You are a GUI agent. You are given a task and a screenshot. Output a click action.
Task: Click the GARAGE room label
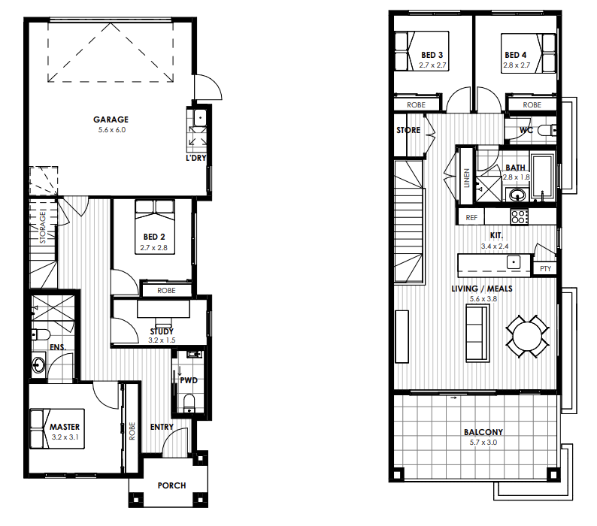coord(111,119)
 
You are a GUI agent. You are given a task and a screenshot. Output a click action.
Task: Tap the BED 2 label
coord(154,237)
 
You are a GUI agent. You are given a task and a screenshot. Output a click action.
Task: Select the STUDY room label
coord(162,331)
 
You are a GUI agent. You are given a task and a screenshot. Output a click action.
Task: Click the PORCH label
coord(171,485)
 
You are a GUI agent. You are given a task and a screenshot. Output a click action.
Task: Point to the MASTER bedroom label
coord(65,427)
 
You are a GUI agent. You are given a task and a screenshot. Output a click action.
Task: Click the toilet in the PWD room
coord(189,403)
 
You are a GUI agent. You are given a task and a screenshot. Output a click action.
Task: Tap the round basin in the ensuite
coord(38,365)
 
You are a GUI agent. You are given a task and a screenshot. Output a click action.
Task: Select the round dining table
coord(527,337)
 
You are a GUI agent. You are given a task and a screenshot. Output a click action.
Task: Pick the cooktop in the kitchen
coord(520,217)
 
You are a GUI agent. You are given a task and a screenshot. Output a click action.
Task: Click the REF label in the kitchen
coord(471,218)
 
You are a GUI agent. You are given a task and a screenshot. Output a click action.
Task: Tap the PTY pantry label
coord(545,269)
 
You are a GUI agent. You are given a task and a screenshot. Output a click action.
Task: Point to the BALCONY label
coord(483,432)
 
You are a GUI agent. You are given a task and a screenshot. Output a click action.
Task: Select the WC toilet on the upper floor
coord(547,131)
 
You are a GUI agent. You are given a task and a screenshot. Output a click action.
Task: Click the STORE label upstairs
coord(408,130)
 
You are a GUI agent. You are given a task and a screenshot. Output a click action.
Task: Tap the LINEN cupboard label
coord(466,178)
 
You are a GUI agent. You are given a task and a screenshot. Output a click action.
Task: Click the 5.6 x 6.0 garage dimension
coord(111,130)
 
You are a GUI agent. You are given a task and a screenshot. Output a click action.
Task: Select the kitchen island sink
coord(514,262)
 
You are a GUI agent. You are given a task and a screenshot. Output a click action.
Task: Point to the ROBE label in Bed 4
coord(532,105)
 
